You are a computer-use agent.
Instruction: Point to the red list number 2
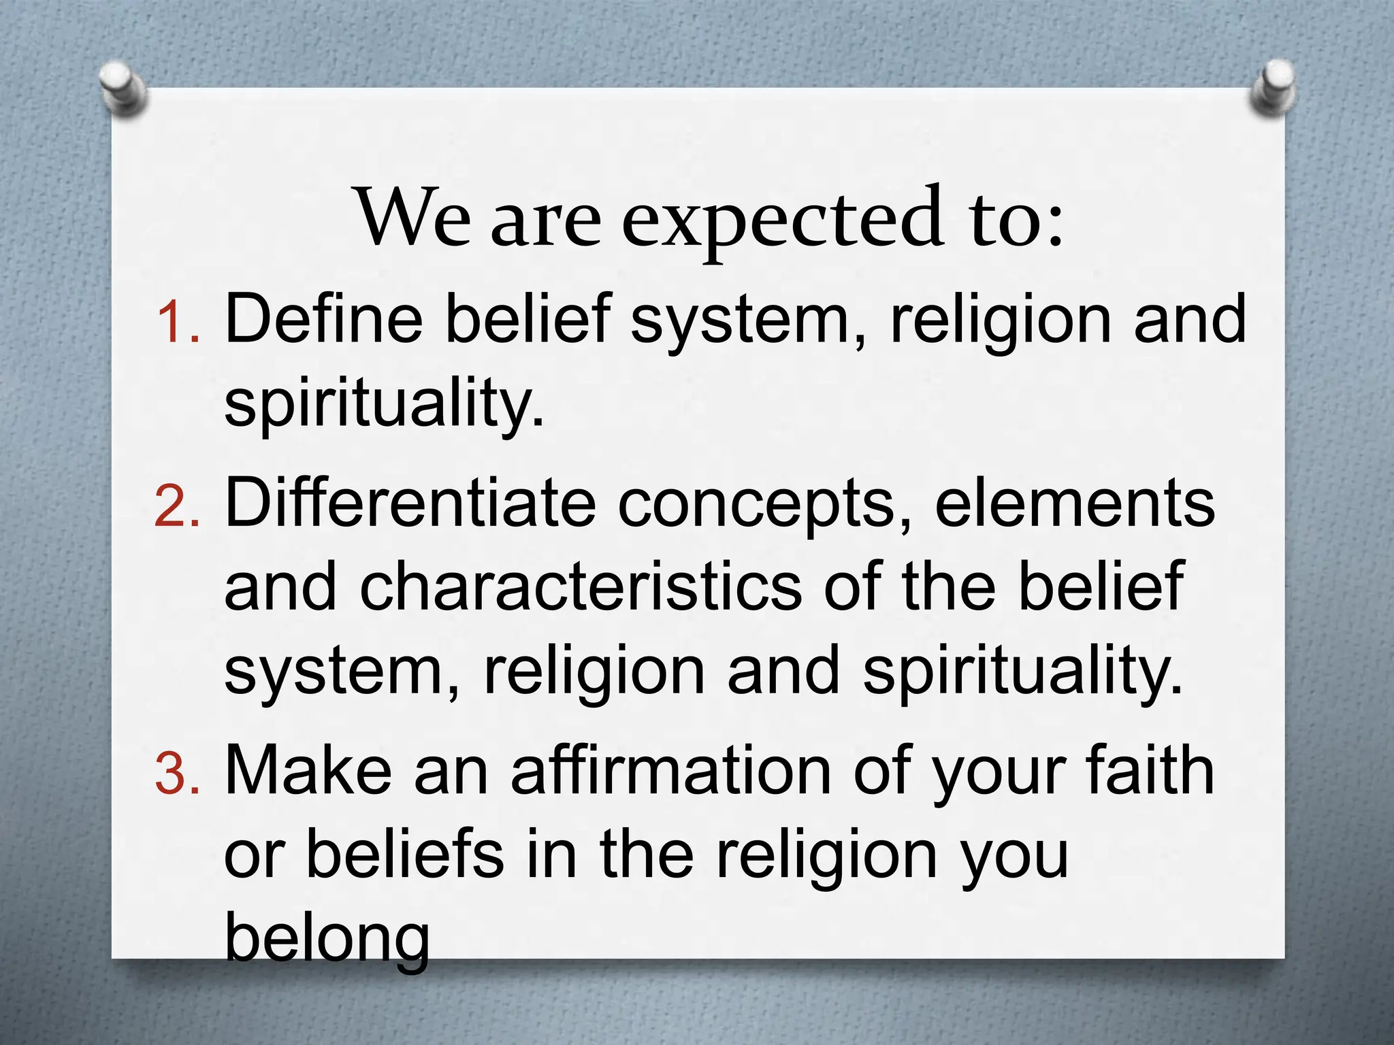(176, 507)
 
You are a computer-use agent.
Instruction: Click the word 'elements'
(1075, 503)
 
